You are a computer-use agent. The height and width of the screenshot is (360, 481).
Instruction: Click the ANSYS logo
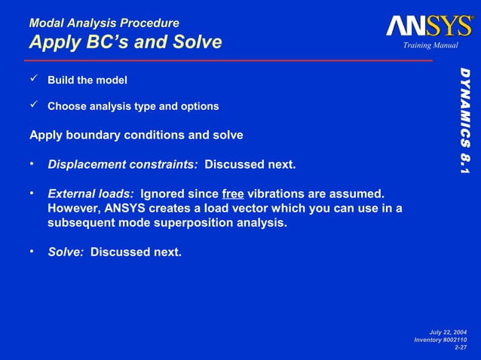point(429,26)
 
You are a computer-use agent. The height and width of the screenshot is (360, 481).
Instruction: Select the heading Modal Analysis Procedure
point(104,23)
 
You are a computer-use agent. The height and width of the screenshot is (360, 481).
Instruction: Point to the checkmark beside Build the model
point(33,79)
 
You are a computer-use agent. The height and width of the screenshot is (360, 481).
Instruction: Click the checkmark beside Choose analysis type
point(33,105)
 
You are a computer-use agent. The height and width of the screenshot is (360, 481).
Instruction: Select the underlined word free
point(232,194)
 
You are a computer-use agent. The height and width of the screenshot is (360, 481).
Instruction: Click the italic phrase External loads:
point(90,194)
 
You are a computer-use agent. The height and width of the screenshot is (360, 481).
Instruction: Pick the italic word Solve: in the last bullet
point(66,252)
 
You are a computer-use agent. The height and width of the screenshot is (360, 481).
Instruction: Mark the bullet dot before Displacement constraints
point(32,163)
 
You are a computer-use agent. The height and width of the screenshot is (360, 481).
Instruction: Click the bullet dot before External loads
point(32,193)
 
